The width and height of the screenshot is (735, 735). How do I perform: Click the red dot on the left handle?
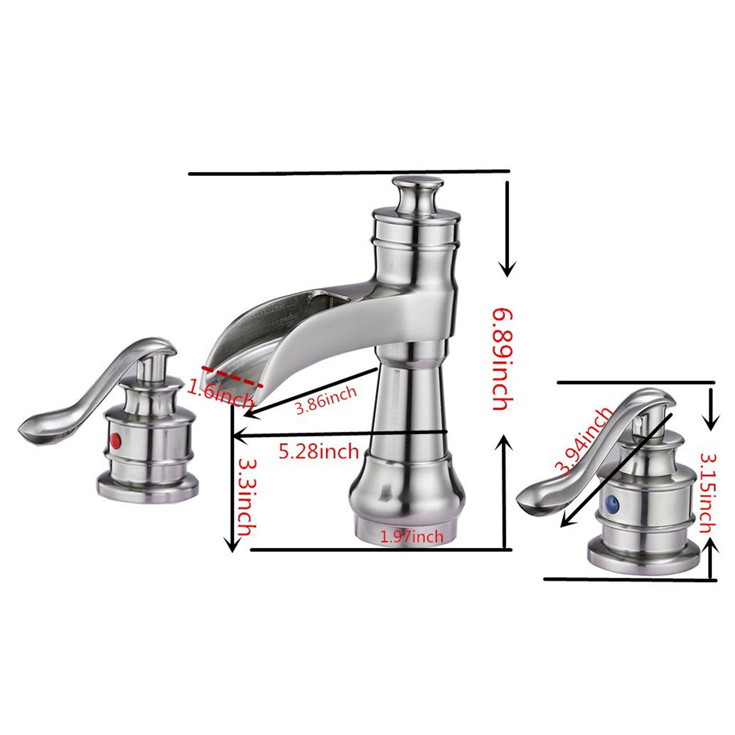(116, 438)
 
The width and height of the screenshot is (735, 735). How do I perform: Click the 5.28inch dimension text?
(319, 451)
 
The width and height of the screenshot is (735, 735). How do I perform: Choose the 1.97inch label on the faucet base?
(412, 537)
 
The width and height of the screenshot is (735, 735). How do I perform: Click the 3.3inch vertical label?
(246, 495)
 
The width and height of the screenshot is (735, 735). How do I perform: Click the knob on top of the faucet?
(417, 193)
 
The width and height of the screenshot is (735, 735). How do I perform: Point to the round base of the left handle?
(148, 488)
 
